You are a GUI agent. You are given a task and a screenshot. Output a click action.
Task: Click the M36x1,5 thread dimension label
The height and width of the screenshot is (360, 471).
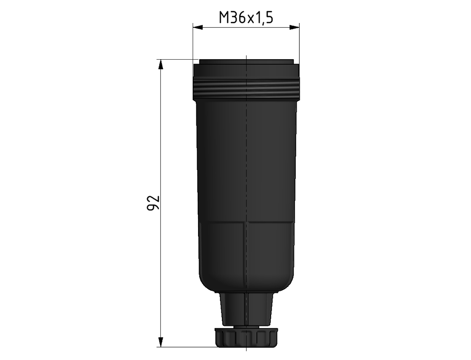[x=246, y=18]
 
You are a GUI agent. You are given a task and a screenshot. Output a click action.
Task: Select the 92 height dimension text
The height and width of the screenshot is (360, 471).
[x=153, y=203]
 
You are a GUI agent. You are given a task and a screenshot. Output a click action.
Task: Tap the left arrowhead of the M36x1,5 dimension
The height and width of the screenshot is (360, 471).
[x=197, y=27]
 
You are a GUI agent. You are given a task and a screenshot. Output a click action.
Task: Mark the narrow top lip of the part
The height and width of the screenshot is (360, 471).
[x=246, y=61]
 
